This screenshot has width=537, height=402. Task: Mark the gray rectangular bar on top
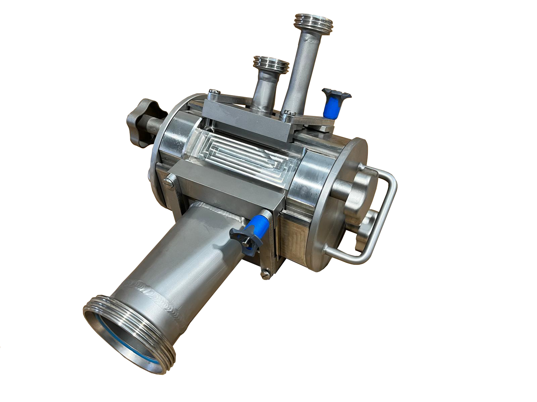tap(248, 119)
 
